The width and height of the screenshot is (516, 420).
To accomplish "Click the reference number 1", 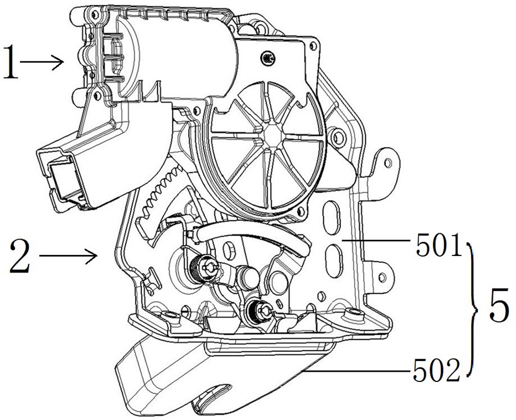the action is pyautogui.click(x=11, y=61).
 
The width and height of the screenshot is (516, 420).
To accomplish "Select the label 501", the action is pyautogui.click(x=439, y=246).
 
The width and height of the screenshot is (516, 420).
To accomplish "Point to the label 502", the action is pyautogui.click(x=436, y=371).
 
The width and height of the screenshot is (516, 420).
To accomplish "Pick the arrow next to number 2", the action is pyautogui.click(x=68, y=256).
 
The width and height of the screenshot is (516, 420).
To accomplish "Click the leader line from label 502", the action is pyautogui.click(x=356, y=371).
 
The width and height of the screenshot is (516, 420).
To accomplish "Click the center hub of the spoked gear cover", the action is pyautogui.click(x=272, y=134).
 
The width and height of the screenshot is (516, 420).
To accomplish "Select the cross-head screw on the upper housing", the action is pyautogui.click(x=268, y=59).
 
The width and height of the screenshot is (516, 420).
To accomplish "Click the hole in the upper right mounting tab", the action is pyautogui.click(x=388, y=163).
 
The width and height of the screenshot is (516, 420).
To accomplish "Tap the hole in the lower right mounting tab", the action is pyautogui.click(x=382, y=277).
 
